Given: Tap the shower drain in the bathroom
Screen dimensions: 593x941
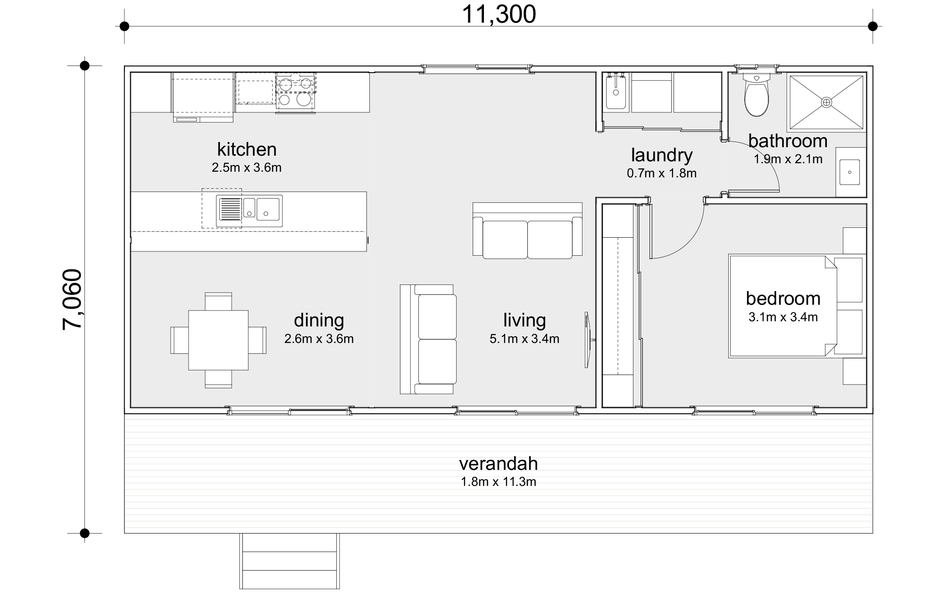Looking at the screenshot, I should tap(826, 102).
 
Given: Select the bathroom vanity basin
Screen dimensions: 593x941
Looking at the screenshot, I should tap(849, 172).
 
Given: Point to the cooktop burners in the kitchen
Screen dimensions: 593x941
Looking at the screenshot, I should tap(296, 92).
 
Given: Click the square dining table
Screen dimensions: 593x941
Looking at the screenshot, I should tap(218, 340).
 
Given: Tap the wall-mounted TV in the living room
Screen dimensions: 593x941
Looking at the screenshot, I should tap(587, 340).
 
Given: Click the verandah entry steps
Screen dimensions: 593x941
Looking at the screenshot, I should tap(289, 561).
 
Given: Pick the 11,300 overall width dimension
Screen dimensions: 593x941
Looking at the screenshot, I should tap(499, 14).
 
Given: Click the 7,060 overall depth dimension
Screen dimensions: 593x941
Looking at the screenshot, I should tap(73, 300).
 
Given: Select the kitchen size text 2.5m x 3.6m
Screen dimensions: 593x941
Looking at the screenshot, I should tap(246, 167).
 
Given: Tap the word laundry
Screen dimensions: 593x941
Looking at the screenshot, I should tap(661, 155).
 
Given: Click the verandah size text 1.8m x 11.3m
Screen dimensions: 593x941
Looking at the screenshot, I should tap(498, 482).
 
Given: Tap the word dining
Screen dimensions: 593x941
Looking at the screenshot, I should tap(319, 320).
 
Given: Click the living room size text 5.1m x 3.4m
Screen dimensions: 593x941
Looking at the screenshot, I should tap(524, 339).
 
